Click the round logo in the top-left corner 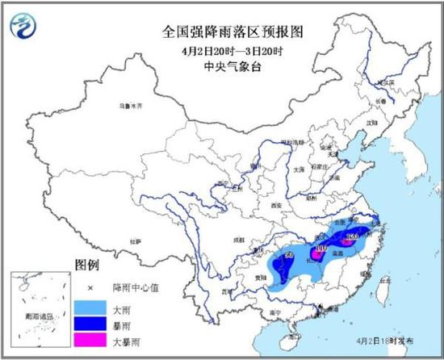point(24,26)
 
